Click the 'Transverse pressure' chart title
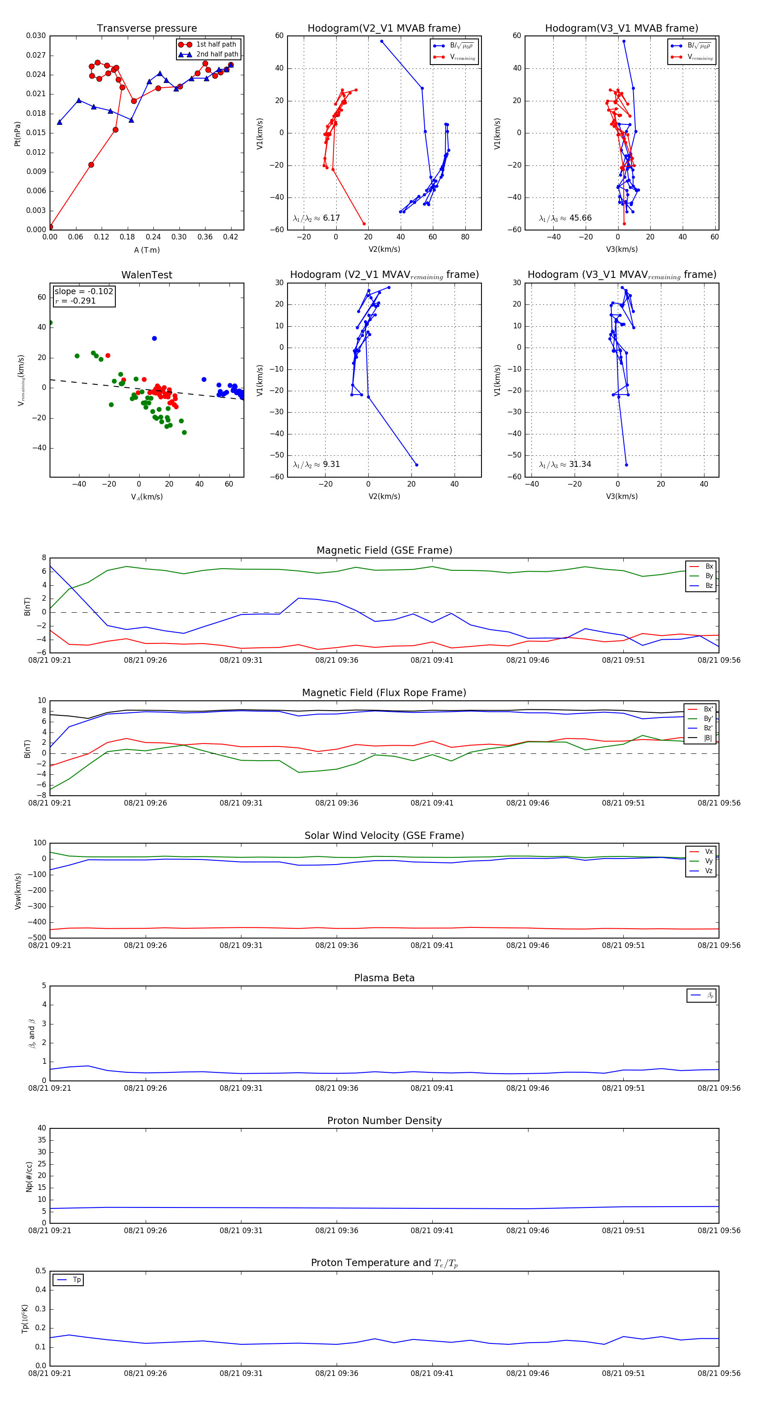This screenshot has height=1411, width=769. pos(147,29)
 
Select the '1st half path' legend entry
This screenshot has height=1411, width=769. pos(216,44)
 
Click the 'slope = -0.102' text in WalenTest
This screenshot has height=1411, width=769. pos(83,292)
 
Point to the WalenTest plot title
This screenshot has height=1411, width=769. pos(147,275)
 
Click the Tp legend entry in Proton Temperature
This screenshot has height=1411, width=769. pos(76,1280)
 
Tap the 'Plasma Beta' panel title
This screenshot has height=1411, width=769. pos(384,978)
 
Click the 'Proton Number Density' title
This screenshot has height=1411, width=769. pos(384,1120)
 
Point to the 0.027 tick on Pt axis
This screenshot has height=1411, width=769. pos(36,55)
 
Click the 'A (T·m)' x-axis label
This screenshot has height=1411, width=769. pos(147,250)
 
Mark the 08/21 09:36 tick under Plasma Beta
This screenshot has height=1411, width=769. pos(337,1088)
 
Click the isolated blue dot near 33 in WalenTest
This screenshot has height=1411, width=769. pos(154,339)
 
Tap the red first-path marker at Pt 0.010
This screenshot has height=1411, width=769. pos(91,165)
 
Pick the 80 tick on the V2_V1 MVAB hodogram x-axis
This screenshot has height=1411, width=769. pos(465,237)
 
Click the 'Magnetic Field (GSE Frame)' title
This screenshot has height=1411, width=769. pos(384,550)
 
